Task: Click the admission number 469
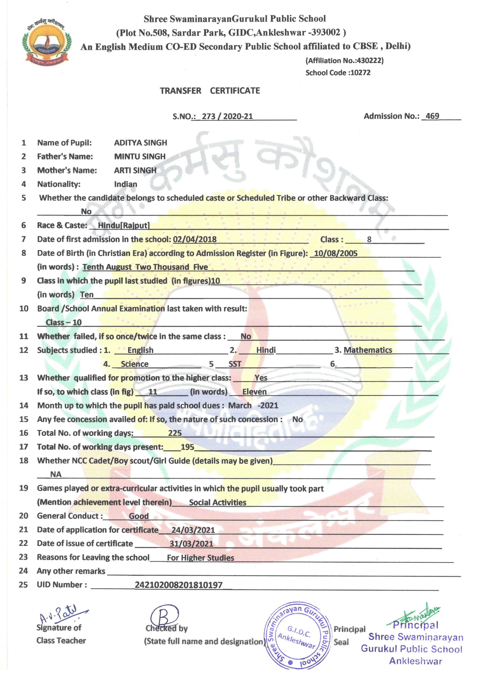tap(432, 116)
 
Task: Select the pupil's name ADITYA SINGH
tap(140, 143)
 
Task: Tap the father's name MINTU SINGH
tap(140, 157)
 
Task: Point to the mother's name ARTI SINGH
tap(135, 170)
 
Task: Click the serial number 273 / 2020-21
tap(227, 117)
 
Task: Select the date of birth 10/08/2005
tap(336, 253)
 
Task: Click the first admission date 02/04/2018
tap(195, 239)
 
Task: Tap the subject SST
tap(235, 364)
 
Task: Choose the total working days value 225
tap(175, 433)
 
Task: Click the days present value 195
tap(187, 447)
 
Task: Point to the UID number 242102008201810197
tap(178, 585)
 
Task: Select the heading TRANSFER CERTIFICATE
tap(210, 91)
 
